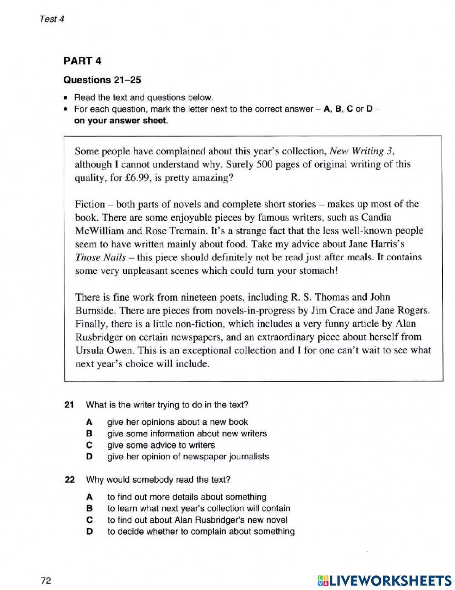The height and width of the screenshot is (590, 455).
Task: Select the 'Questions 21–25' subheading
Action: point(102,80)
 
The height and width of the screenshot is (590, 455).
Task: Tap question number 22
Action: point(69,480)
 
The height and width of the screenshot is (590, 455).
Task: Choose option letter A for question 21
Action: point(89,422)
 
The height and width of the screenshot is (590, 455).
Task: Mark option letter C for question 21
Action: point(89,445)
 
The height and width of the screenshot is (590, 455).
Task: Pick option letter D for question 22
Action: point(89,532)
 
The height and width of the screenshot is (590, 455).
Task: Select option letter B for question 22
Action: point(89,509)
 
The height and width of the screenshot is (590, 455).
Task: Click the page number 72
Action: point(45,580)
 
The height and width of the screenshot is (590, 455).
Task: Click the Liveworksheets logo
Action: point(384,580)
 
